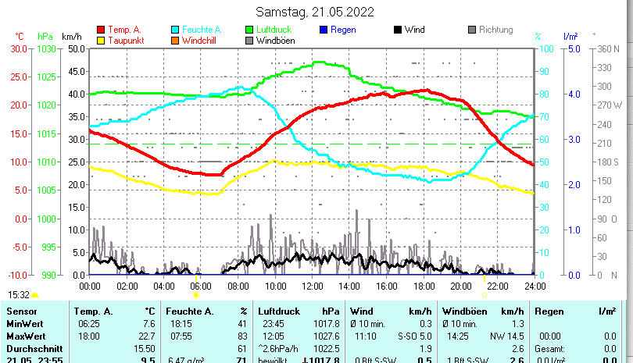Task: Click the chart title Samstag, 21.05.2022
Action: point(315,12)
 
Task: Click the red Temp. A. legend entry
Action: point(123,30)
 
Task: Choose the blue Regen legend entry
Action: point(343,30)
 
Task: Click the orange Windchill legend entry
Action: point(200,40)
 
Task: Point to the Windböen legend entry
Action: point(276,40)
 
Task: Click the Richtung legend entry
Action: point(495,30)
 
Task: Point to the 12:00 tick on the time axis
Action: point(312,286)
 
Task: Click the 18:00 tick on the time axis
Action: point(423,286)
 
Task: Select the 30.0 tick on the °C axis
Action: point(19,48)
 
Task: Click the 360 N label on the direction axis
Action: point(607,48)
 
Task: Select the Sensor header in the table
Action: point(22,311)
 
